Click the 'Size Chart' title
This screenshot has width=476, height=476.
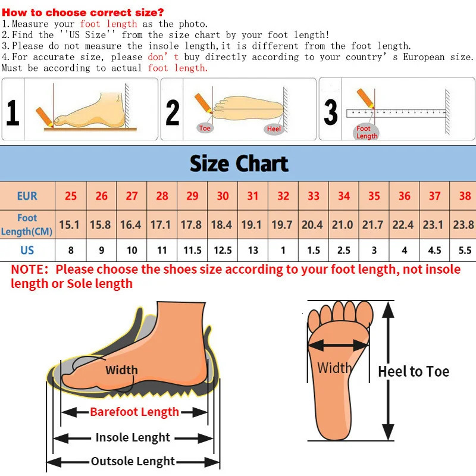pyautogui.click(x=239, y=164)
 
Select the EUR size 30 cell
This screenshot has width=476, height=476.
pyautogui.click(x=223, y=196)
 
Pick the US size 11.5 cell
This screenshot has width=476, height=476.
pyautogui.click(x=192, y=250)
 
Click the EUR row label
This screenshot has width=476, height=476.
pyautogui.click(x=27, y=196)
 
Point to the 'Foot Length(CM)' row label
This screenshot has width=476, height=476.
pyautogui.click(x=27, y=225)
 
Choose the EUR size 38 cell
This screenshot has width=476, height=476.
pyautogui.click(x=465, y=196)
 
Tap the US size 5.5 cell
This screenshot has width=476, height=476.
pyautogui.click(x=465, y=250)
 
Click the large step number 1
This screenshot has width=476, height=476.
pyautogui.click(x=12, y=112)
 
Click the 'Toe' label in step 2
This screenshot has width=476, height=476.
pyautogui.click(x=205, y=129)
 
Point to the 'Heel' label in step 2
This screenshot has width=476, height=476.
pyautogui.click(x=274, y=129)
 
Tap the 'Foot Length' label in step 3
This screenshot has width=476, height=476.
pyautogui.click(x=367, y=132)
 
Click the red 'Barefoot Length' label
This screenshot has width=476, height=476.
pyautogui.click(x=134, y=412)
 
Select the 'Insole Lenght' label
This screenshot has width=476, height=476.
pyautogui.click(x=133, y=437)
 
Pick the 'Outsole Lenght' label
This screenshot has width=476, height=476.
pyautogui.click(x=133, y=461)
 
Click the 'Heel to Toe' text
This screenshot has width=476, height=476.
pyautogui.click(x=414, y=372)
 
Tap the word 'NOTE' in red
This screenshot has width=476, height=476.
pyautogui.click(x=29, y=270)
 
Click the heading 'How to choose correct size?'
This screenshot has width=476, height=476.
pyautogui.click(x=83, y=12)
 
